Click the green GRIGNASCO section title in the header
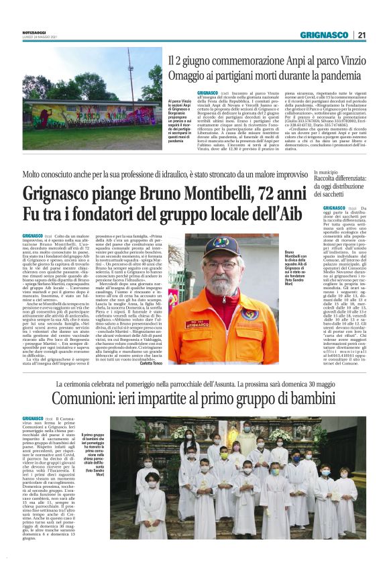(325, 35)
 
